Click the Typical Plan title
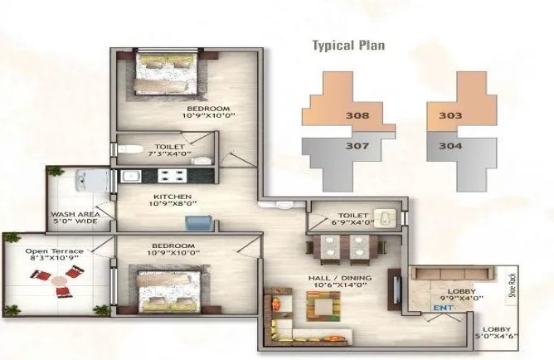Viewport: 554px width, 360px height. click(347, 45)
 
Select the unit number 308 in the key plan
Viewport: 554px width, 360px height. click(357, 116)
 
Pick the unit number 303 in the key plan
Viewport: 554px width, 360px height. click(450, 116)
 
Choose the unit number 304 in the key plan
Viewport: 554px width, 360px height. click(450, 148)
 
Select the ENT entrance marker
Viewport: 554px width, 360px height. click(440, 309)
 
